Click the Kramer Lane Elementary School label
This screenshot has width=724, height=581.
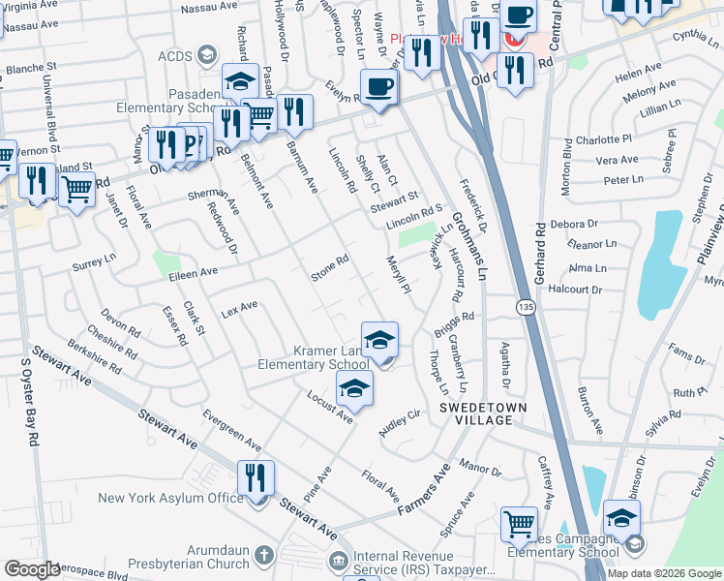(x=312, y=356)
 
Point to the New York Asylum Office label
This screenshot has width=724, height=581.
(x=170, y=498)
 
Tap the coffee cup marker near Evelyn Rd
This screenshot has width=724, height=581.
(x=378, y=87)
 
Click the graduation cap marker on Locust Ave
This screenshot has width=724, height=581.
(x=354, y=389)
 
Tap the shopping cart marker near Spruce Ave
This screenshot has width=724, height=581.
(x=519, y=524)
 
